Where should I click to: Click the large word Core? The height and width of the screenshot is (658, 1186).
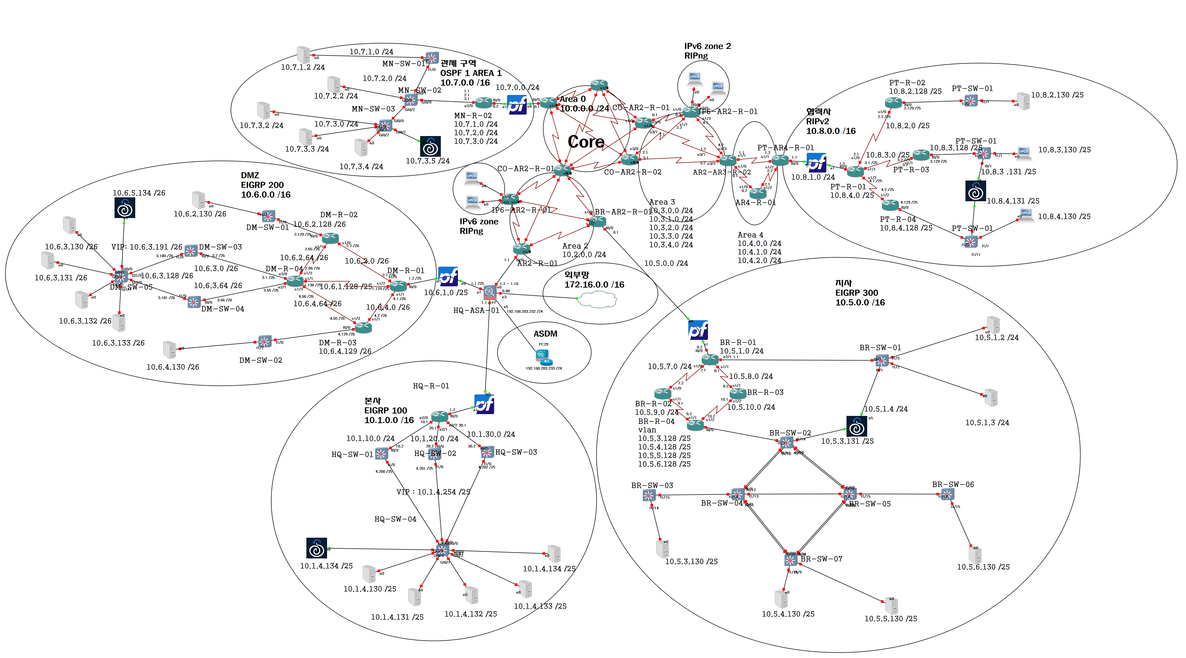586,142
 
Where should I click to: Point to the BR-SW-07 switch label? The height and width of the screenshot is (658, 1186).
821,559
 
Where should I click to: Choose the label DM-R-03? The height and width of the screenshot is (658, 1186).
337,343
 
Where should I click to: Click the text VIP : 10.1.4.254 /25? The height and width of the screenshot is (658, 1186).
433,492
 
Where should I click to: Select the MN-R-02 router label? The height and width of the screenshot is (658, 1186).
473,116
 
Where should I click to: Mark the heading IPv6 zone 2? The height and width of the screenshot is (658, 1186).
707,46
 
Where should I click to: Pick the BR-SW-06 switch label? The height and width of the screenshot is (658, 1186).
953,484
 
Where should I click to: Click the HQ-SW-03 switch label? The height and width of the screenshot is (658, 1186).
516,452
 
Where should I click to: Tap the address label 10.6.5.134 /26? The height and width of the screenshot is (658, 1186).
139,193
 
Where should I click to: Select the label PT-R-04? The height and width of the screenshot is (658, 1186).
898,219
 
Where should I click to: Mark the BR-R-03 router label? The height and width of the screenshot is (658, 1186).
765,392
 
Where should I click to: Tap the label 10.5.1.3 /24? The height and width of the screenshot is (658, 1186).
987,423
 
